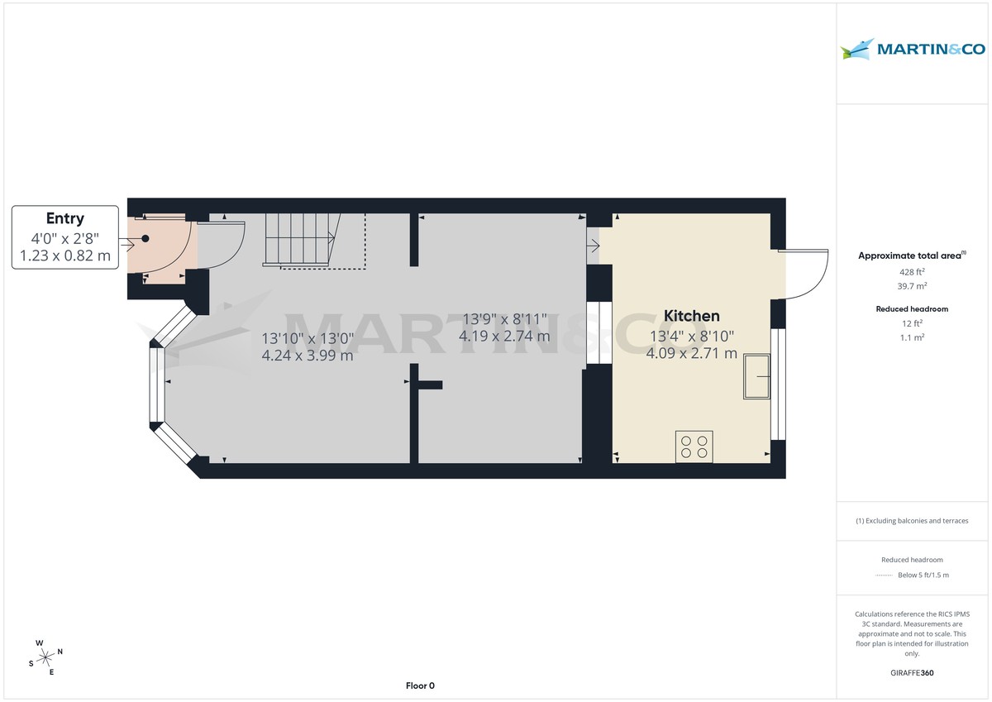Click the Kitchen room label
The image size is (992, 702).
point(691,316)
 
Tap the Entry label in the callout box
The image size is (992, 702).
point(64,218)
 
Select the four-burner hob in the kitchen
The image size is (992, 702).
point(694,447)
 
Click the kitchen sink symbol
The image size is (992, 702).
point(756,377)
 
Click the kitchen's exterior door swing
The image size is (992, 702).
point(806,274)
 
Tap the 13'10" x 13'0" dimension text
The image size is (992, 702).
point(308,338)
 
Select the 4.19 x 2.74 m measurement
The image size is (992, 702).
point(504,337)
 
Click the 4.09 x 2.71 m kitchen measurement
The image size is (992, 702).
point(691,353)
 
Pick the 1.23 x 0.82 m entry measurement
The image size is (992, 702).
point(64,256)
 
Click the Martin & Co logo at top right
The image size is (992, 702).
point(913,50)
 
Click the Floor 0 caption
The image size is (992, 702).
point(420,685)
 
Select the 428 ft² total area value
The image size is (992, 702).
point(912,272)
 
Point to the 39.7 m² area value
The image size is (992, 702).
point(912,286)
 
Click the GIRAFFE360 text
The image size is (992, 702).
point(913,673)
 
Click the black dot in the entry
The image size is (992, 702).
point(145,238)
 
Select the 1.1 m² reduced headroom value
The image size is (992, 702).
point(912,337)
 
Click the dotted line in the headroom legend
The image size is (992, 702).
point(884,575)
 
